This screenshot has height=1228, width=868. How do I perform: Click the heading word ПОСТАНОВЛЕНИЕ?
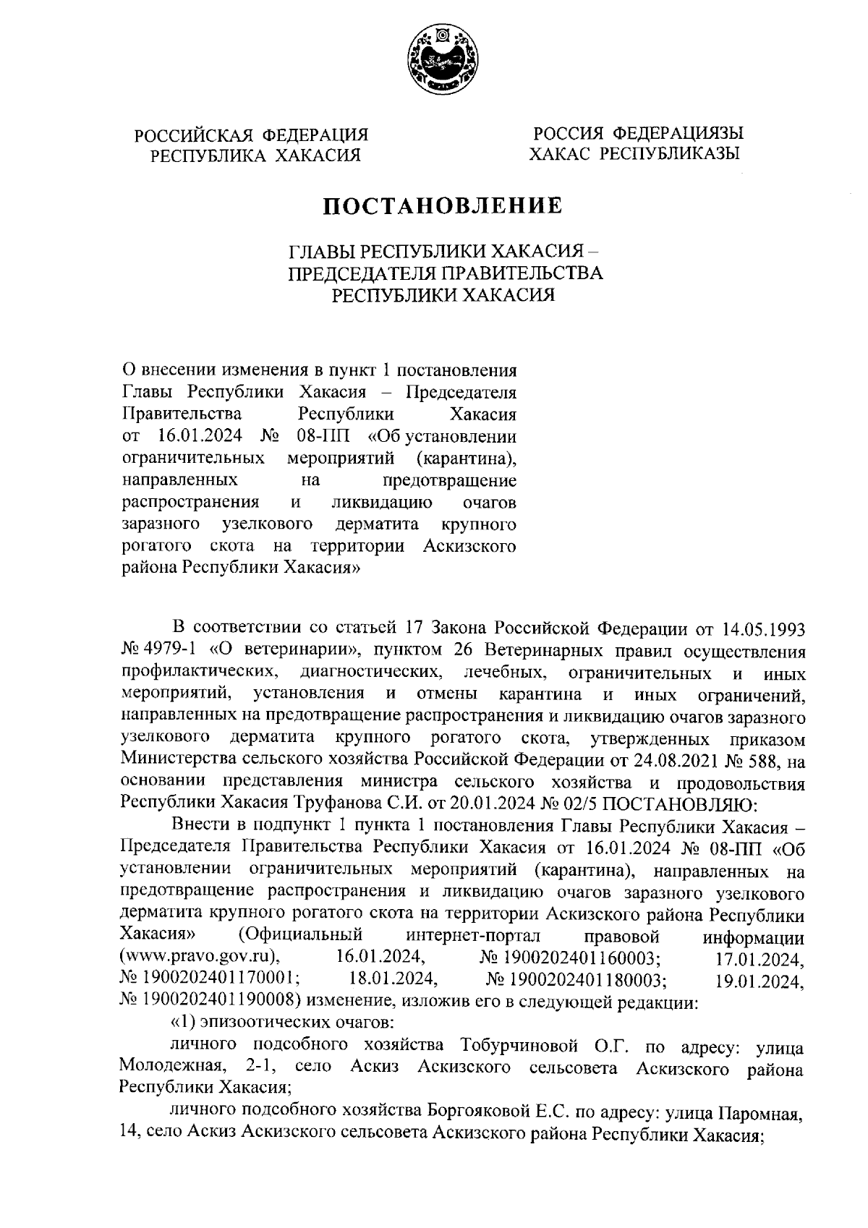(443, 207)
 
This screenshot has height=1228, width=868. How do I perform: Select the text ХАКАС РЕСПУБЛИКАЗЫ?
(634, 154)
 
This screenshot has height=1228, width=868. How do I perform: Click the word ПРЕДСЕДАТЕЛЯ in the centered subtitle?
(359, 273)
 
